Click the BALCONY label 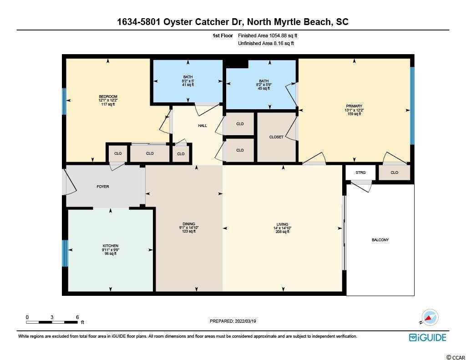click(x=380, y=240)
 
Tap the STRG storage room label click(x=360, y=172)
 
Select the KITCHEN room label click(x=111, y=246)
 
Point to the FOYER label click(x=103, y=187)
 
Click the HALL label click(x=203, y=126)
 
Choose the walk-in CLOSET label click(x=276, y=137)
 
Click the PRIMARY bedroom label click(x=354, y=106)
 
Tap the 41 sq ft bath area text click(x=188, y=85)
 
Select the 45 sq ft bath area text click(x=264, y=88)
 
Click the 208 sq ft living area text click(x=282, y=232)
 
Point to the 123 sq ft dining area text click(x=189, y=231)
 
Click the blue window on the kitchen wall click(x=65, y=254)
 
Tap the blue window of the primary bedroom click(x=412, y=106)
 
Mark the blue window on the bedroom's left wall click(x=64, y=101)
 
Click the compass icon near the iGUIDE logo click(x=430, y=318)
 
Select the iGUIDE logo click(x=428, y=337)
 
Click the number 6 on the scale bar click(x=77, y=317)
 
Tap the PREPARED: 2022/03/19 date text click(x=233, y=321)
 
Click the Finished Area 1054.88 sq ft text click(x=268, y=35)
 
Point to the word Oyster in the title click(x=178, y=22)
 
